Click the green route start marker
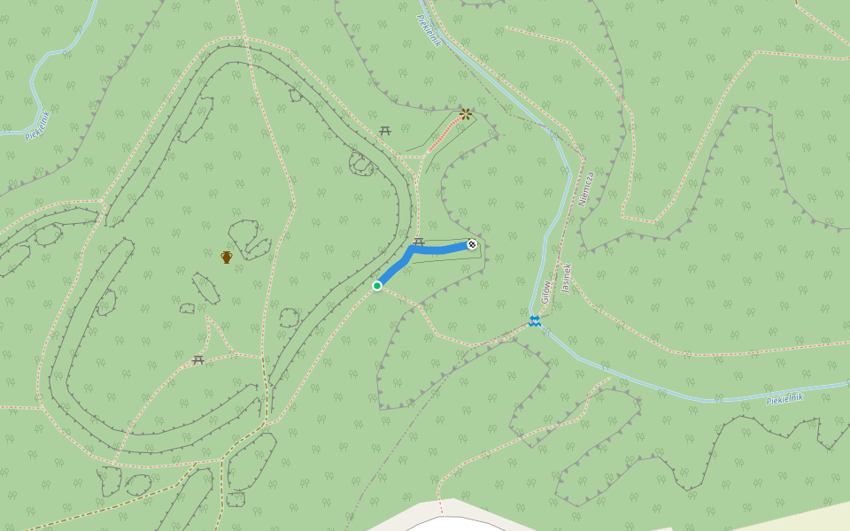coord(377,285)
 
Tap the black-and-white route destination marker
coord(472,244)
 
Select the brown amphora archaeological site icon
coord(227,257)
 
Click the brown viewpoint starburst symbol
coord(466,113)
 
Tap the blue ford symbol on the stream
coord(535,320)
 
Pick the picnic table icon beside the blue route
coord(419,241)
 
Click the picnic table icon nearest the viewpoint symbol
coord(385,131)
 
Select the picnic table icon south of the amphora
coord(198,359)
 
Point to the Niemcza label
coord(585,189)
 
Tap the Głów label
coord(546,291)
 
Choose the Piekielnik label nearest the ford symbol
coord(784,398)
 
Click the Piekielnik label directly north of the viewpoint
coord(429,29)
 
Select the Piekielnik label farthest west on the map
coord(38,125)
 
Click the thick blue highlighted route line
coord(438,250)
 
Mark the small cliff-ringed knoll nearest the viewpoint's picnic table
coord(361,164)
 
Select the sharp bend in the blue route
coord(411,251)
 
